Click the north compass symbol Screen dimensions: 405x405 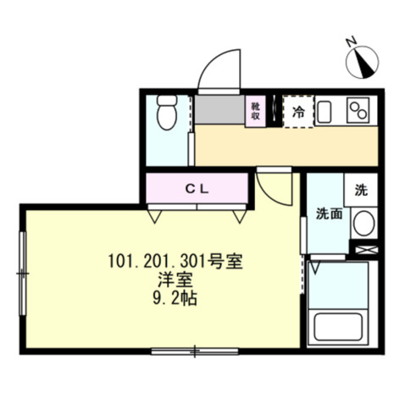click(362, 58)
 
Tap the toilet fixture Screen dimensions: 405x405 click(166, 114)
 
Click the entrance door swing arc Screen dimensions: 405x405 click(218, 67)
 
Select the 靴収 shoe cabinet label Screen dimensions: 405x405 click(253, 111)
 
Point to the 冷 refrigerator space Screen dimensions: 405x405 click(297, 111)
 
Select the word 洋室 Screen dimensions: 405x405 click(174, 280)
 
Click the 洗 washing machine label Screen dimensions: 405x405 click(361, 190)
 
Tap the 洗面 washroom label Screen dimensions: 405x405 click(329, 214)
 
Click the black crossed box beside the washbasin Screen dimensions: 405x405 click(365, 251)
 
